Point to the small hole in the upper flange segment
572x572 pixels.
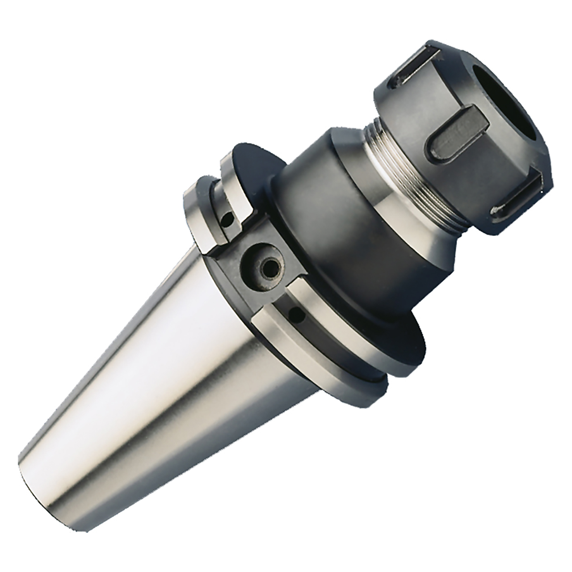[x=228, y=219]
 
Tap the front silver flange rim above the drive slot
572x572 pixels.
[x=232, y=188]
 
